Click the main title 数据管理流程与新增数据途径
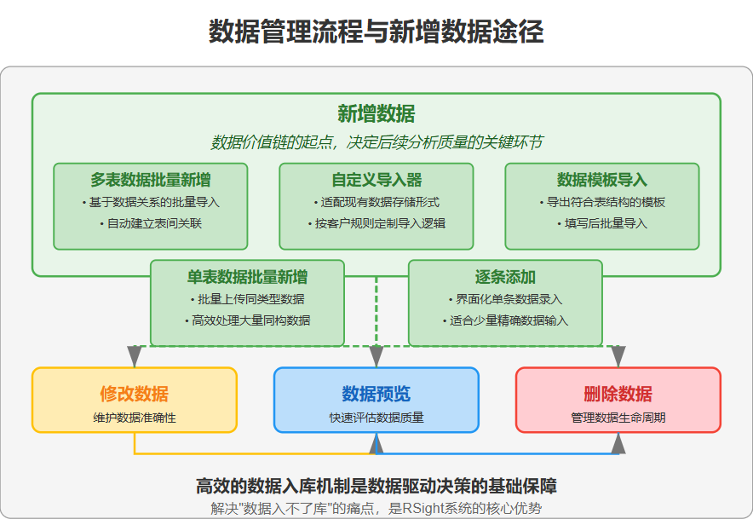tap(376, 32)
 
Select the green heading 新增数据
tap(376, 114)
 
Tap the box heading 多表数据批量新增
tap(151, 180)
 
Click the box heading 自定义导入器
tap(376, 180)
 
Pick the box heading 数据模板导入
tap(601, 180)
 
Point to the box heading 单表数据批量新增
tap(248, 277)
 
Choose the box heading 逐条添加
tap(505, 277)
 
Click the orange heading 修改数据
tap(134, 394)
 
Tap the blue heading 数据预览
tap(376, 394)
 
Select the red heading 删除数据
tap(618, 394)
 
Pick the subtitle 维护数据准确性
tap(134, 418)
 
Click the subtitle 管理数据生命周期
tap(618, 418)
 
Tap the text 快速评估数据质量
tap(376, 418)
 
